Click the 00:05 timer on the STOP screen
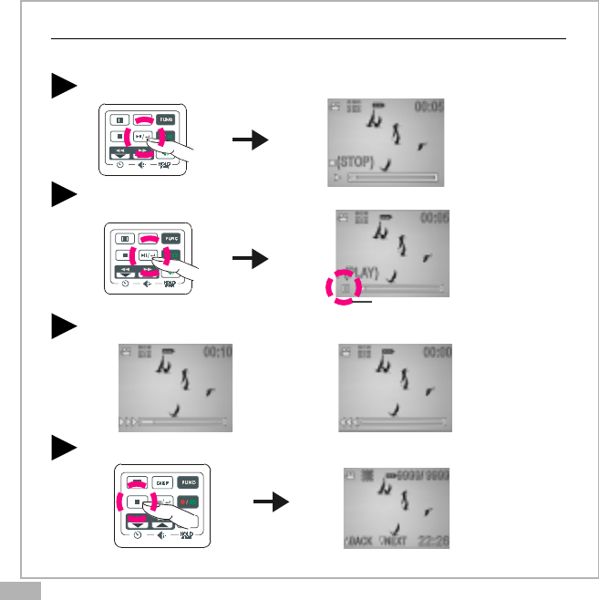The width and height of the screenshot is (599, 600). pos(429,107)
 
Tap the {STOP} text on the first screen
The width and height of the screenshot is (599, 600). pos(359,162)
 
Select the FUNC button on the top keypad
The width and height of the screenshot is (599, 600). pos(165,119)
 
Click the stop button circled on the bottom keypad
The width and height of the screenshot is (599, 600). pos(134,502)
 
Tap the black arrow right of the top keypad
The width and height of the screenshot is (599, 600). pos(251,140)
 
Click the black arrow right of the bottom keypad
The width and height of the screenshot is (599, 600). pos(270,502)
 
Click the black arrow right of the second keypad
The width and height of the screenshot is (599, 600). pos(251,259)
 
